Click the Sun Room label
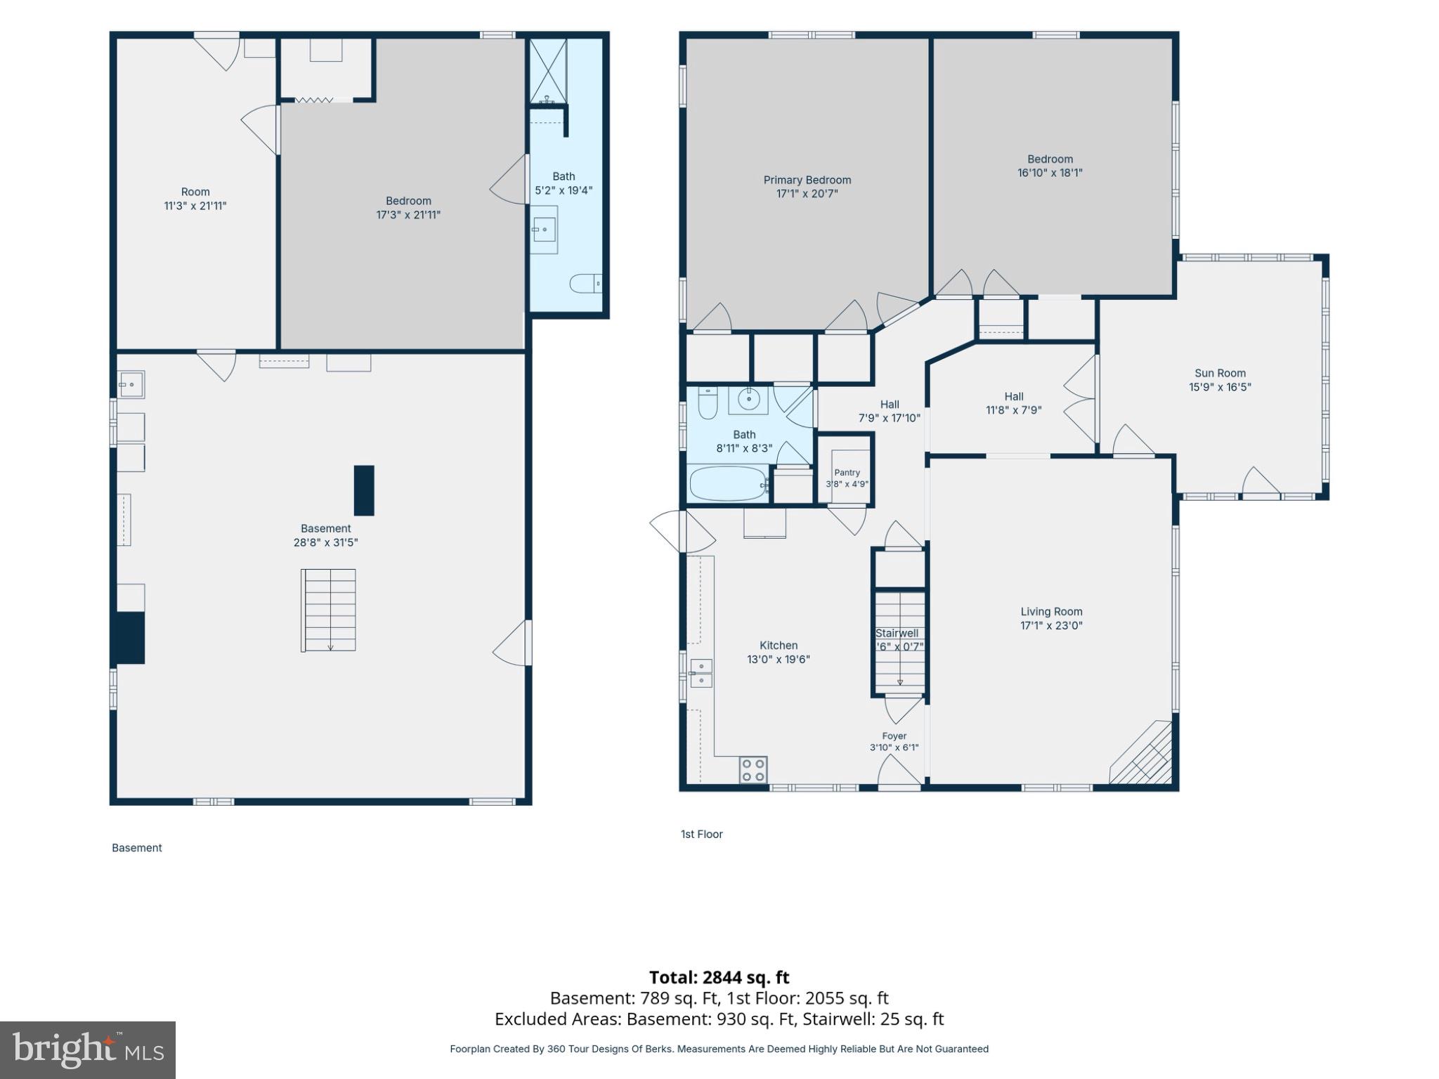(1220, 373)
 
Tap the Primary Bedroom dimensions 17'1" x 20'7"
(807, 194)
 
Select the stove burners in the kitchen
(753, 769)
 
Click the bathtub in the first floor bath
(728, 483)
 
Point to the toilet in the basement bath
(585, 284)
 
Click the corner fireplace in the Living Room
(1142, 753)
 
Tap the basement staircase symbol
(329, 610)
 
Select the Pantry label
(847, 473)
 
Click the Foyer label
(894, 736)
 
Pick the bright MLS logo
(88, 1050)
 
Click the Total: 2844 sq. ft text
(719, 977)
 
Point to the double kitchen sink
(701, 673)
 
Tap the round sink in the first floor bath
(748, 400)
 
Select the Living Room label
(1051, 612)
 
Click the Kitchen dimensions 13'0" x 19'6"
(779, 660)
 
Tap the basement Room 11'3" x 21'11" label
(195, 199)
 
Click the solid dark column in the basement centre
(364, 490)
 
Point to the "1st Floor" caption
(701, 834)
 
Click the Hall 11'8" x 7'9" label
(1013, 403)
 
